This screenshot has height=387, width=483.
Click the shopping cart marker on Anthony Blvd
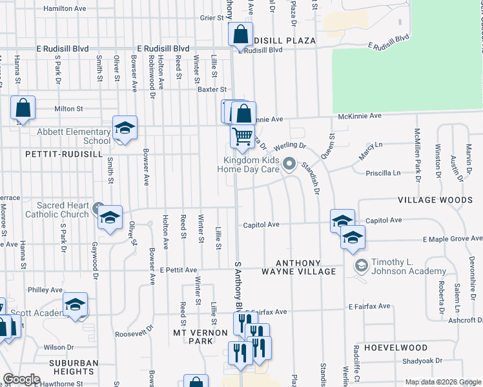(x=242, y=136)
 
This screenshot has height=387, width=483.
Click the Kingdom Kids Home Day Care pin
(x=289, y=164)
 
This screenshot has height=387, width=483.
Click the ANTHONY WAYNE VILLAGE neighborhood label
(x=306, y=267)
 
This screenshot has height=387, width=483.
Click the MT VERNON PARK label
(x=201, y=336)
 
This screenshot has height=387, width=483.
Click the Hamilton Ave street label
(x=65, y=9)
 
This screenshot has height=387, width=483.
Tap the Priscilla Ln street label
(x=384, y=173)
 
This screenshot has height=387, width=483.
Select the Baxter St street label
(x=212, y=90)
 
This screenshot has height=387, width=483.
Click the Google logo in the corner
(x=21, y=379)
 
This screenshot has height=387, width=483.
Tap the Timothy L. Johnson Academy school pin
(x=361, y=265)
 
